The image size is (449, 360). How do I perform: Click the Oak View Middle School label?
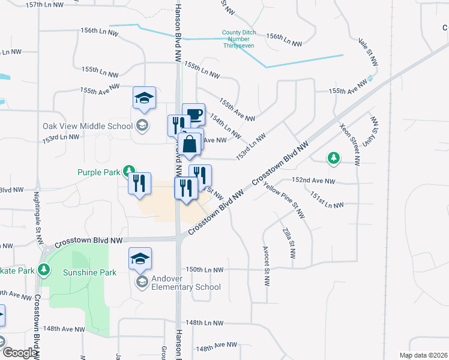88,126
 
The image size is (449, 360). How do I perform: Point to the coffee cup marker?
193,114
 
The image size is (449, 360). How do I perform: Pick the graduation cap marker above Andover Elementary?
140,259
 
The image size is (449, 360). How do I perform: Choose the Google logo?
20,353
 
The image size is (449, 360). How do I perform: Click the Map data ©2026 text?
424,355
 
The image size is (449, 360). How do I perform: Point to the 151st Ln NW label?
327,200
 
